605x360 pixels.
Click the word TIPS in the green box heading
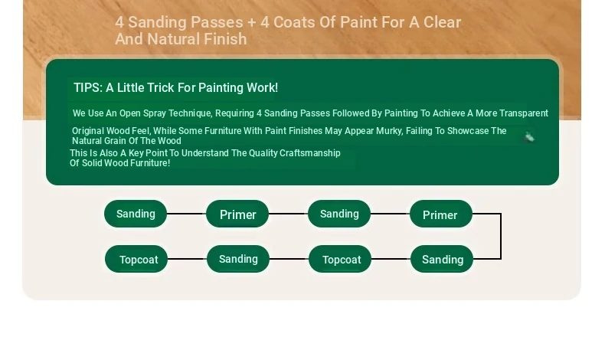[x=88, y=87]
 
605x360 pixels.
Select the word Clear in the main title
[x=442, y=22]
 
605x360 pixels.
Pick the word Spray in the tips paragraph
[x=155, y=113]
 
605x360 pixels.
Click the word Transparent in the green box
[x=524, y=113]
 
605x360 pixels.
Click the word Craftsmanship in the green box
[x=310, y=153]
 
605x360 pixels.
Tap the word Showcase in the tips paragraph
[x=468, y=131]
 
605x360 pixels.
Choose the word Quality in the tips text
[x=263, y=153]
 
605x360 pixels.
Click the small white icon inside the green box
[x=529, y=137]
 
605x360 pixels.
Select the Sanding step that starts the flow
[x=136, y=214]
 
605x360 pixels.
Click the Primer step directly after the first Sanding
[x=237, y=214]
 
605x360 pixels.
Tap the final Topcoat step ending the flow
[x=136, y=259]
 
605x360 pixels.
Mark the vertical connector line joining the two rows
[x=501, y=236]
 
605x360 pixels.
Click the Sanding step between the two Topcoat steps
[x=238, y=259]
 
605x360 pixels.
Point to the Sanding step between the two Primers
[x=339, y=214]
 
